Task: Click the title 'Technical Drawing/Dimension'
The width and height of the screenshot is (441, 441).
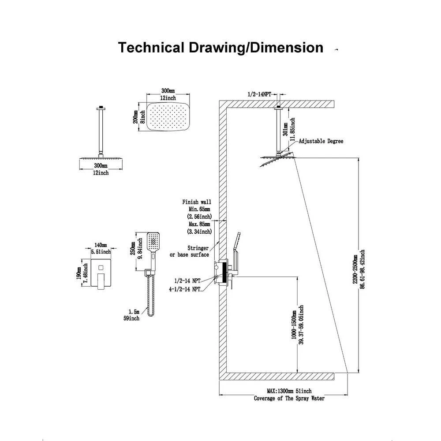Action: point(220,48)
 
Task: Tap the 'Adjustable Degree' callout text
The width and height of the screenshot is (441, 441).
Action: point(321,142)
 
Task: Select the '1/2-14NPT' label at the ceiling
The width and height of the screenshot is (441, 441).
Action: point(259,94)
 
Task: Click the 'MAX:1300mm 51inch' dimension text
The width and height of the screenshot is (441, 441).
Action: point(289,391)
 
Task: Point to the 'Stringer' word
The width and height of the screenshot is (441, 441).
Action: point(198,249)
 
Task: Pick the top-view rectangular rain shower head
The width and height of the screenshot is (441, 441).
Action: point(167,116)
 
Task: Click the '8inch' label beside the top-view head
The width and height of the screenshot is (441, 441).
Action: point(142,116)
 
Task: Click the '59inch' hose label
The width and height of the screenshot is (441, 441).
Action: point(132,318)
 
